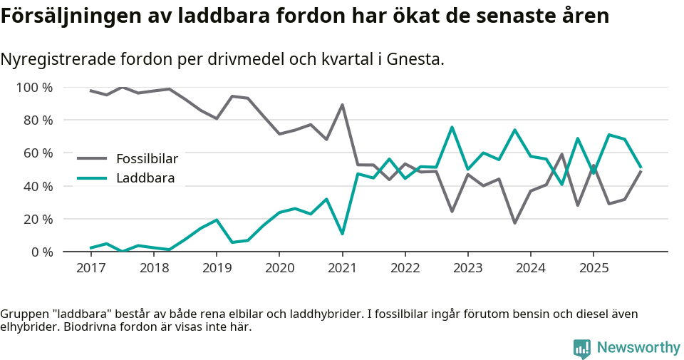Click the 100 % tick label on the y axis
tap(34, 88)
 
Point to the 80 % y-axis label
tap(38, 120)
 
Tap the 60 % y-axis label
tap(38, 153)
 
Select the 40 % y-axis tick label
tap(38, 186)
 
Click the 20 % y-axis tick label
tap(38, 219)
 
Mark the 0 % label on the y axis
tap(41, 252)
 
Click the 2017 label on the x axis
tap(90, 268)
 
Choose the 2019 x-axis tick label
tap(217, 268)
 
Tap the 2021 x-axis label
tap(342, 268)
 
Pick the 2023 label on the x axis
tap(467, 268)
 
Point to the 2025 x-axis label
tap(594, 268)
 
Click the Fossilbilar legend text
tap(147, 158)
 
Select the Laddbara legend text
tap(145, 178)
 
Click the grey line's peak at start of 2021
tap(342, 105)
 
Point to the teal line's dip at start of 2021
tap(342, 234)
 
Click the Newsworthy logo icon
tap(581, 348)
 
